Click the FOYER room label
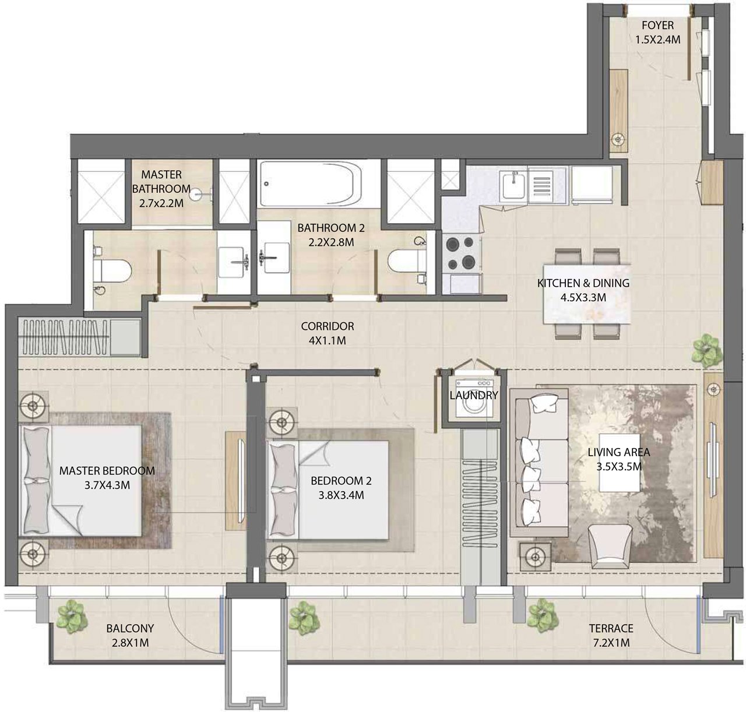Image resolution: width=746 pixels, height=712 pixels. pyautogui.click(x=657, y=25)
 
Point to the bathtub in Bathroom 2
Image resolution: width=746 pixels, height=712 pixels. pyautogui.click(x=311, y=184)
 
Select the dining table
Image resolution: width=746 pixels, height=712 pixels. pyautogui.click(x=587, y=294)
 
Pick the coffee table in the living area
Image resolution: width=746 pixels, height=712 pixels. pyautogui.click(x=619, y=463)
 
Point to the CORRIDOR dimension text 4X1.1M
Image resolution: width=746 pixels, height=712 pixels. pyautogui.click(x=327, y=340)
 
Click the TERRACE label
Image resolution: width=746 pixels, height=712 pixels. pyautogui.click(x=611, y=629)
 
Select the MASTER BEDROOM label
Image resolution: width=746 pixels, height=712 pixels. pyautogui.click(x=107, y=471)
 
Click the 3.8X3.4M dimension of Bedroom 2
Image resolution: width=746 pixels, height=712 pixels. pyautogui.click(x=341, y=495)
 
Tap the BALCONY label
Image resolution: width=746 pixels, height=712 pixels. pyautogui.click(x=130, y=629)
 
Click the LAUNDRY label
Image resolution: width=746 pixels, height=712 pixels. pyautogui.click(x=474, y=395)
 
